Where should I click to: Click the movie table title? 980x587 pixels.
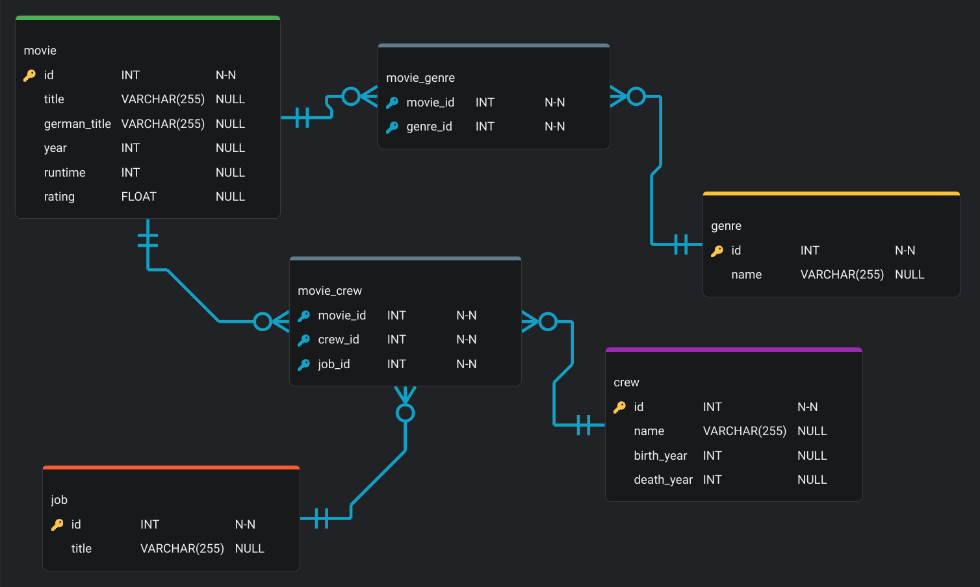coord(40,51)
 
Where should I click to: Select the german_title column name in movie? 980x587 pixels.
coord(77,124)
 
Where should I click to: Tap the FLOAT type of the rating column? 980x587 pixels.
coord(138,197)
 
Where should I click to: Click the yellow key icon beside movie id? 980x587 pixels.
coord(29,75)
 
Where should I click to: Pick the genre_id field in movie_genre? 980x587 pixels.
coord(429,127)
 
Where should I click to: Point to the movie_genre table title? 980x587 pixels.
coord(420,78)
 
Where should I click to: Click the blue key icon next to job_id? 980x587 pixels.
coord(303,364)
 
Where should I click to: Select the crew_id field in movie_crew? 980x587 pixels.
coord(338,340)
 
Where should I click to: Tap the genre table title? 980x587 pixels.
coord(726,226)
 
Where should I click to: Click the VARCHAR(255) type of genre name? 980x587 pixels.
coord(842,275)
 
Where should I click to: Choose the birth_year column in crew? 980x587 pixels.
coord(660,456)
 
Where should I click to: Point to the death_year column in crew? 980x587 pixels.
coord(663,480)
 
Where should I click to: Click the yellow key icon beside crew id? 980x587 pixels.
coord(619,407)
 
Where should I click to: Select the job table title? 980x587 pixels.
coord(59,500)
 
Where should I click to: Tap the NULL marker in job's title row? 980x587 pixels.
coord(250,549)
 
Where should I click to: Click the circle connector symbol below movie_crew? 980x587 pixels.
coord(406,413)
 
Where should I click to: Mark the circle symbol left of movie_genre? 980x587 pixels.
coord(351,97)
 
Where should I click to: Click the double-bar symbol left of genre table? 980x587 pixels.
coord(681,245)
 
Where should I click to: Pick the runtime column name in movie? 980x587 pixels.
coord(64,173)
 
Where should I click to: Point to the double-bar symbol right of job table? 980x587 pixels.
coord(322,518)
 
